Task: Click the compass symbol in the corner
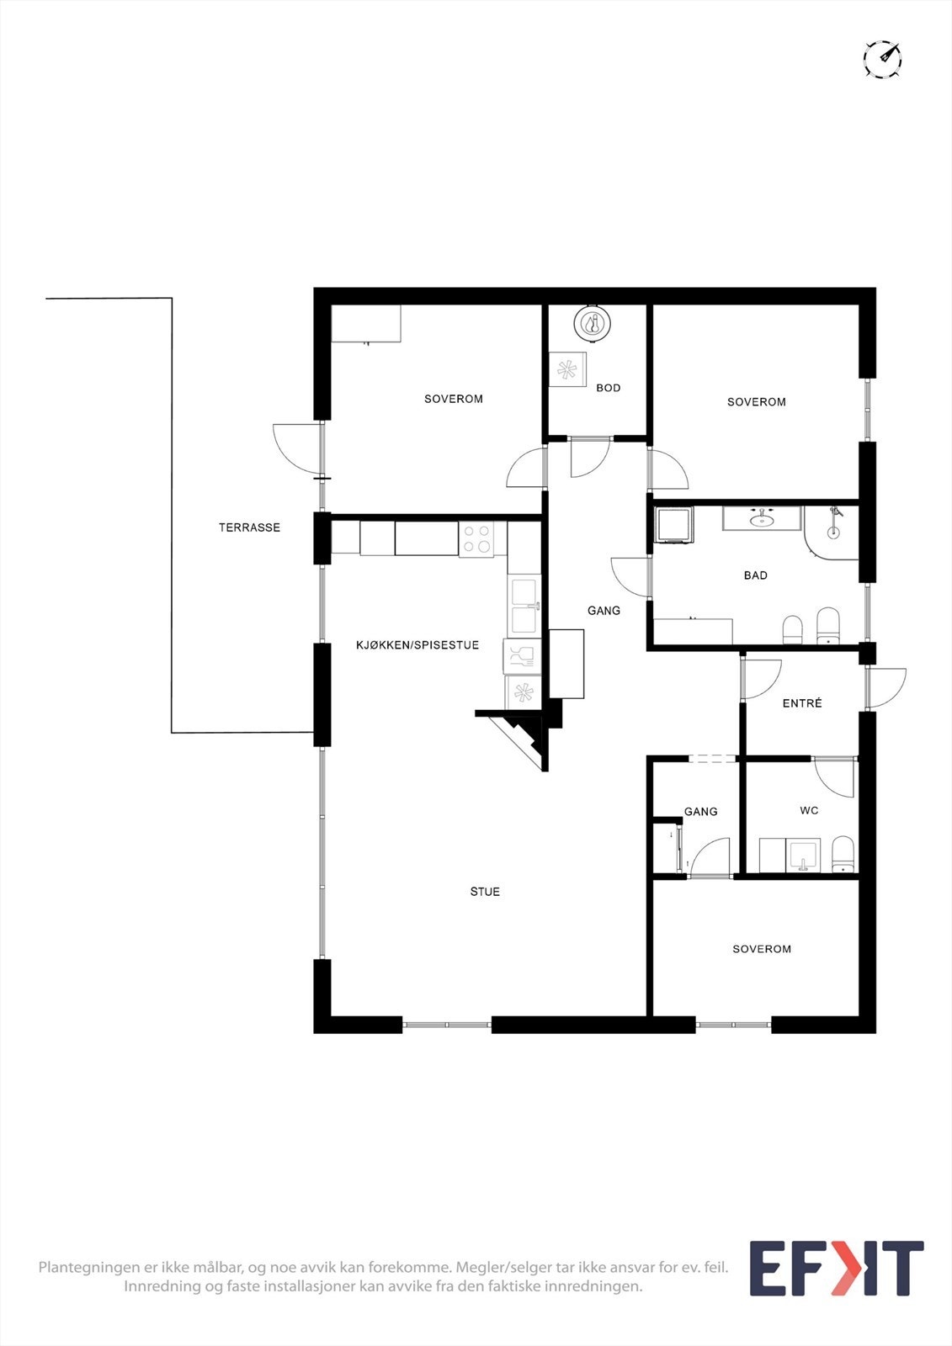(x=882, y=60)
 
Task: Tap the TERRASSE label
(x=249, y=527)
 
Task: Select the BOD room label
(x=608, y=388)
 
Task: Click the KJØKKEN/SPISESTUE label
(x=417, y=645)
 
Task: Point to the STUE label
(x=485, y=892)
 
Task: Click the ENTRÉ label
(x=802, y=703)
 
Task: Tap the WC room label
(x=809, y=811)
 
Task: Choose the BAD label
(x=755, y=575)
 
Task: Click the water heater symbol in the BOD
(x=593, y=323)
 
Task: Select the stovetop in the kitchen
(x=476, y=539)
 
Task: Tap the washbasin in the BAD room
(x=762, y=518)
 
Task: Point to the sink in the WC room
(x=803, y=856)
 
